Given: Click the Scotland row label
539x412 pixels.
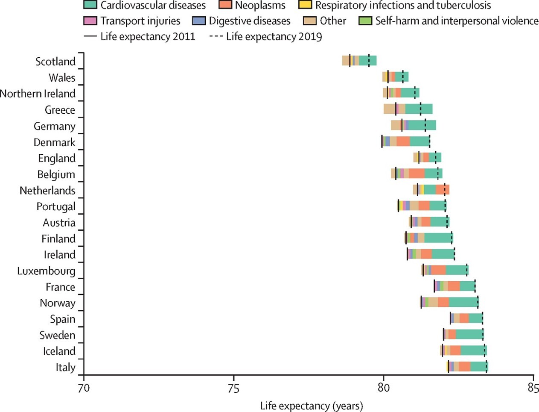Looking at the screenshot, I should (x=55, y=62).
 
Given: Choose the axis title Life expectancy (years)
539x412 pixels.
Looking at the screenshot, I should (x=311, y=406).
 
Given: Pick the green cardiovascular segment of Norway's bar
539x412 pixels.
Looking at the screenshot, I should (x=463, y=302).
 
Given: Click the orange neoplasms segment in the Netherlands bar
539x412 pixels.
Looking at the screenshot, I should (x=443, y=190).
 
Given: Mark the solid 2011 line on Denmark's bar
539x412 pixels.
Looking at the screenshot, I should (x=382, y=141).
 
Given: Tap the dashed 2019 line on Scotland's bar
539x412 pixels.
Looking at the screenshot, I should (x=369, y=61).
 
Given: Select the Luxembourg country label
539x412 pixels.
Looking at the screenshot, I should (x=46, y=271).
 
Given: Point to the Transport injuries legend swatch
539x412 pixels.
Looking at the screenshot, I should (x=90, y=21).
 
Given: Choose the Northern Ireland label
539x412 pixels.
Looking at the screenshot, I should (x=38, y=94).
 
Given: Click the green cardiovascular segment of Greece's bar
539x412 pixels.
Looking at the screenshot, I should (x=419, y=109).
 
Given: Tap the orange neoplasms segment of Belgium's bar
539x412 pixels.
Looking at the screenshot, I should (x=417, y=174).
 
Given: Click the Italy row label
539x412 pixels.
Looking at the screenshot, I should (x=65, y=368).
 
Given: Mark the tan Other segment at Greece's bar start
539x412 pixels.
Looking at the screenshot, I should (x=389, y=109).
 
